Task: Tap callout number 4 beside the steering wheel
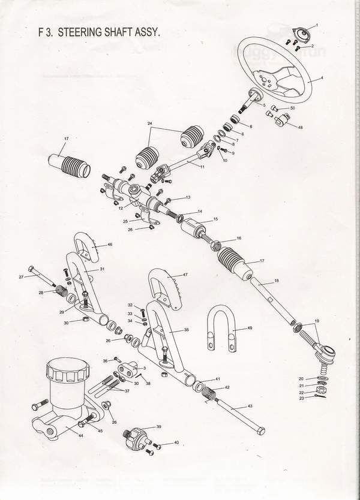322,78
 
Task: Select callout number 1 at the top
317,25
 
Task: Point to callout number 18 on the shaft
277,281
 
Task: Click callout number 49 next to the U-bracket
250,329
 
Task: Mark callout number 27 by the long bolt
21,277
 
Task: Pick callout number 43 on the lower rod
250,407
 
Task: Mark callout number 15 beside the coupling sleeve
215,220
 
